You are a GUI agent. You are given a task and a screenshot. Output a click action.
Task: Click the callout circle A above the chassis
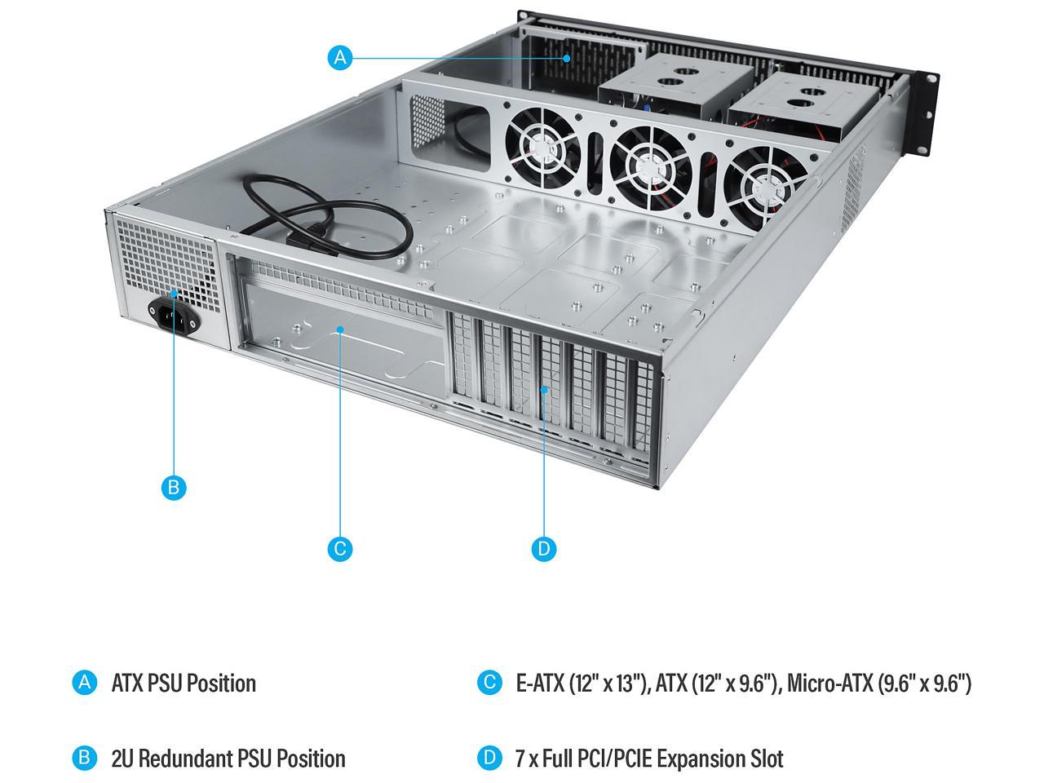(x=340, y=58)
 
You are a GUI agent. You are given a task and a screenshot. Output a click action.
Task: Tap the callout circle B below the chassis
(x=173, y=488)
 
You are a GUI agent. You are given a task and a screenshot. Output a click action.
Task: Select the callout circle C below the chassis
(x=340, y=548)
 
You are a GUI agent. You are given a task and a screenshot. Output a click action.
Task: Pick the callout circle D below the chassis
(x=544, y=548)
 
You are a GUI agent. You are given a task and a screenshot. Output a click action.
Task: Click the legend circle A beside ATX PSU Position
(x=84, y=683)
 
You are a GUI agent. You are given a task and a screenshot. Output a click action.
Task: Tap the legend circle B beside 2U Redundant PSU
(x=84, y=758)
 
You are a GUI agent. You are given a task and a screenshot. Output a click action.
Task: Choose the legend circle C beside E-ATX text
(x=489, y=683)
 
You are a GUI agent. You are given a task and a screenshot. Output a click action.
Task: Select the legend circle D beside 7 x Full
(x=489, y=758)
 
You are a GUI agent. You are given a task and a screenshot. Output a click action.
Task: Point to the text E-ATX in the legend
(x=541, y=683)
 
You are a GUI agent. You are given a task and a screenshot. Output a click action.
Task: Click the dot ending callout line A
(x=568, y=58)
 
